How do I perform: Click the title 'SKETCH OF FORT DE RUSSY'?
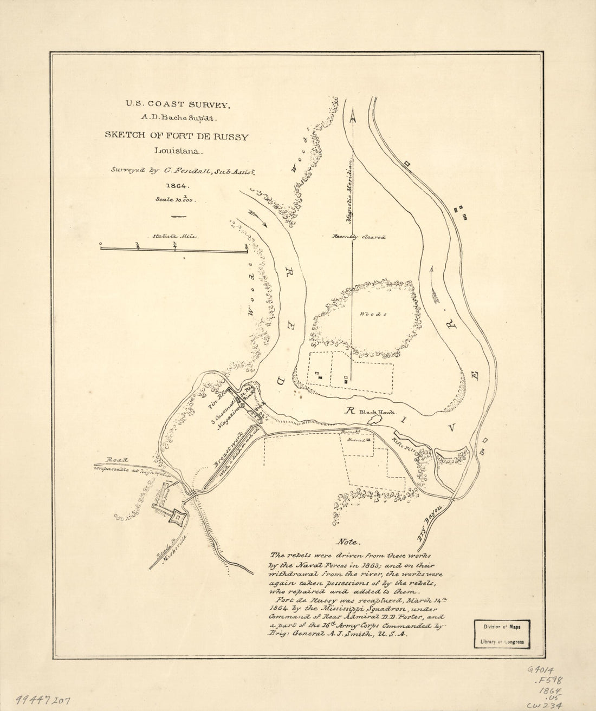point(177,136)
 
